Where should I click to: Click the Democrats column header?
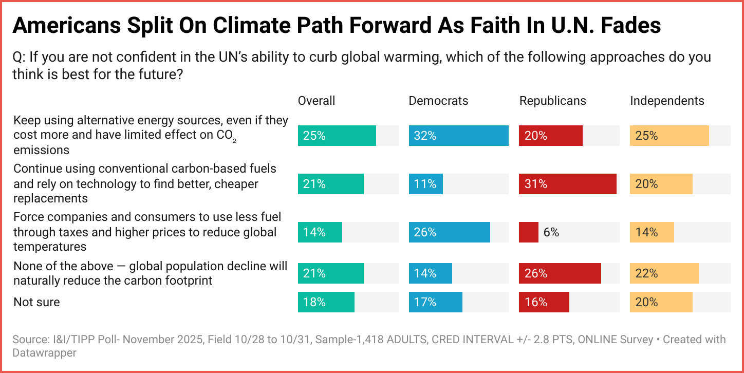pos(438,101)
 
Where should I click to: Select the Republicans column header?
pos(553,101)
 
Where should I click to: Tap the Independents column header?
pos(667,101)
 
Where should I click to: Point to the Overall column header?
pos(317,101)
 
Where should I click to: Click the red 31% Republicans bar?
pos(568,184)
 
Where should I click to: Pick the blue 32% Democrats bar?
pos(459,136)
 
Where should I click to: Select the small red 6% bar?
pos(529,232)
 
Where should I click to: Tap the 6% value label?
pos(551,232)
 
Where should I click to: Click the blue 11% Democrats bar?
pos(426,184)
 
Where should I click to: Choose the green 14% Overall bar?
pos(320,232)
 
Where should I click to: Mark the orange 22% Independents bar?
pos(664,273)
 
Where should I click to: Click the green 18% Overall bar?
pos(326,302)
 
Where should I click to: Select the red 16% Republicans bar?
pos(544,302)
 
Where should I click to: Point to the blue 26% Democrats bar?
pos(450,232)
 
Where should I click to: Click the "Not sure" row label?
pos(36,302)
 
